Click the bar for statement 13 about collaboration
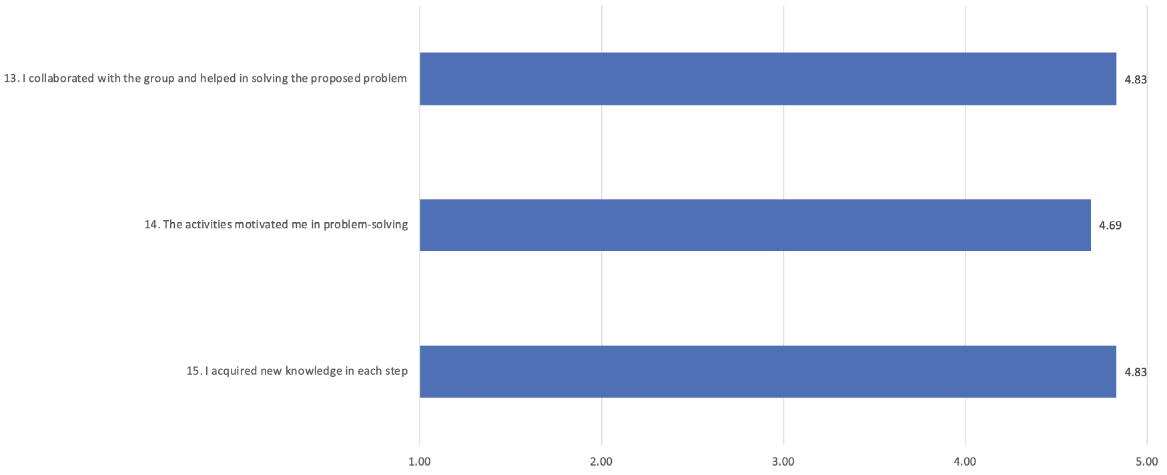tap(767, 79)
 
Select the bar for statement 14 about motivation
tap(755, 225)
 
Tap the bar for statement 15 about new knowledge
tap(767, 372)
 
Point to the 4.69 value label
tap(1110, 225)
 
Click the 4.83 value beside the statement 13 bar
tap(1136, 79)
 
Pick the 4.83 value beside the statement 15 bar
tap(1136, 372)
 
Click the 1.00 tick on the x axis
tap(420, 462)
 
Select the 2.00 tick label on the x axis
tap(601, 462)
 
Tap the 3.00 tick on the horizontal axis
tap(783, 462)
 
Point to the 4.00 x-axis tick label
tap(965, 462)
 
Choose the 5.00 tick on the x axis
tap(1147, 462)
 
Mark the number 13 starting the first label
tap(11, 79)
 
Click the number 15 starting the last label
tap(193, 371)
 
